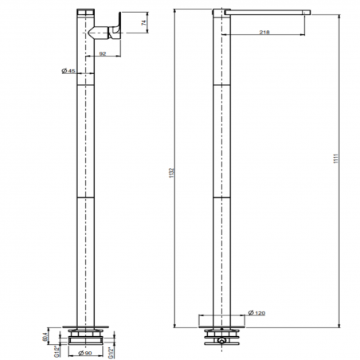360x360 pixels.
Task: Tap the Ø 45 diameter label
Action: [69, 72]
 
